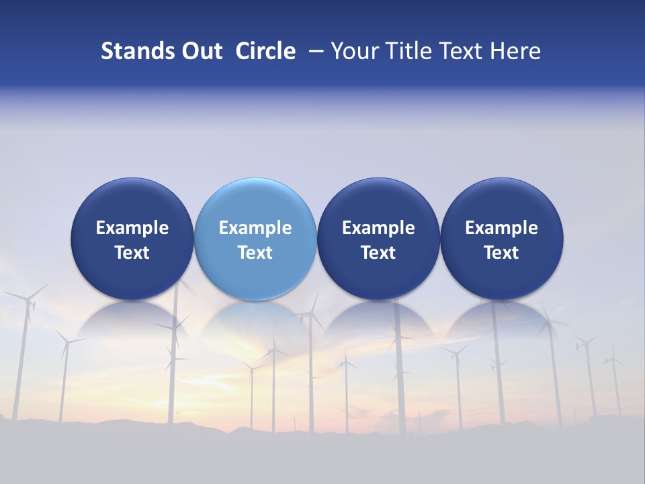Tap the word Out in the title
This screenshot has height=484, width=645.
(201, 51)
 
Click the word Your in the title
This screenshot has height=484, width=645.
(353, 51)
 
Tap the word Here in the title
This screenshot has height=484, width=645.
(517, 51)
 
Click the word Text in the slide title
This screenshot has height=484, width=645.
(460, 51)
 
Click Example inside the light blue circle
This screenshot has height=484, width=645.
(255, 228)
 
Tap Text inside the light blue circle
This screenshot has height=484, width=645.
(255, 253)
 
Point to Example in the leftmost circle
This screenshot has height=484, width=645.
(132, 228)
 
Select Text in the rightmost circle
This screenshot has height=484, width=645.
(502, 253)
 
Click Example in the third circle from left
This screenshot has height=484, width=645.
(378, 228)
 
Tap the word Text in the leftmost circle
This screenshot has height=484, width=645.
(132, 253)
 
